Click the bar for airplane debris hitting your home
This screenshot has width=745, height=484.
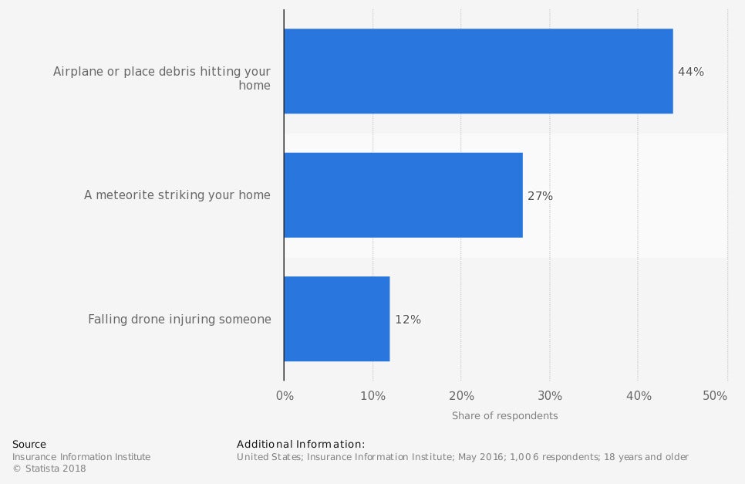click(x=478, y=71)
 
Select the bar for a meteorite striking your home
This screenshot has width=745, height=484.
click(x=403, y=195)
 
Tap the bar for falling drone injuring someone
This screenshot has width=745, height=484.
click(x=336, y=319)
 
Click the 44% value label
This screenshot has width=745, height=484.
click(x=690, y=72)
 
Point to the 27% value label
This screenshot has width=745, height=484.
click(x=540, y=196)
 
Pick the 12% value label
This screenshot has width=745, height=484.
click(x=407, y=320)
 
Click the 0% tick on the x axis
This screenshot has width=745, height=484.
click(x=285, y=396)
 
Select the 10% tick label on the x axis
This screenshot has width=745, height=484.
click(x=372, y=396)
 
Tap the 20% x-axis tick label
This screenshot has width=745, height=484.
click(x=461, y=396)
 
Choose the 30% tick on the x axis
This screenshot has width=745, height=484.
click(x=550, y=396)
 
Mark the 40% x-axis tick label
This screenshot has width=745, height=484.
click(x=639, y=396)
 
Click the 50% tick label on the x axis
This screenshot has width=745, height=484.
click(x=715, y=396)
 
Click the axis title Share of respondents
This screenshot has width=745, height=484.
click(x=504, y=416)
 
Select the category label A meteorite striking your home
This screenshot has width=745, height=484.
click(x=177, y=195)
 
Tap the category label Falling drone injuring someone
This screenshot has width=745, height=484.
click(x=180, y=319)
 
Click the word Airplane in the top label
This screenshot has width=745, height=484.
click(x=77, y=72)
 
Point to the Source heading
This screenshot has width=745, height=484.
click(x=29, y=445)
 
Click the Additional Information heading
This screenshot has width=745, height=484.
click(x=300, y=445)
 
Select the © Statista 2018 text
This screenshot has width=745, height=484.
click(x=49, y=469)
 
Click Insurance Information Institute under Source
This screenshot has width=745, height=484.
click(x=81, y=457)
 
